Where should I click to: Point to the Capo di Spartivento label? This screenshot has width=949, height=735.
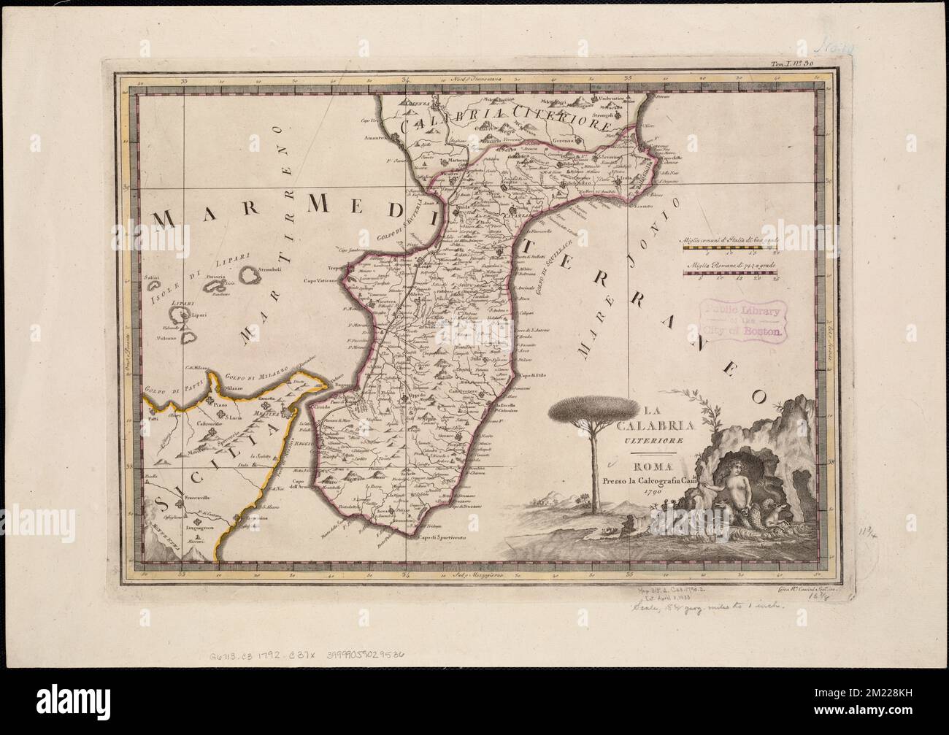click(439, 539)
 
